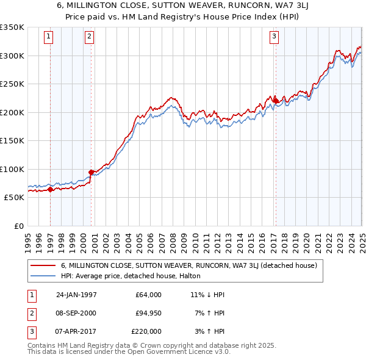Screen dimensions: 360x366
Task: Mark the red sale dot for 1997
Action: pos(51,189)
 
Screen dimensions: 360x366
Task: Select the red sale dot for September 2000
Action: pos(91,172)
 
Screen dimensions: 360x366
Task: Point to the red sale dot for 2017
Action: pos(275,101)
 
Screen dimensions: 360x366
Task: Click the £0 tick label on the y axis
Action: pos(18,226)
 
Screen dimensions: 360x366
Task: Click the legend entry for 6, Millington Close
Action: pos(188,265)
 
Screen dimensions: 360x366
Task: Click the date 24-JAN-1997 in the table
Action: pos(76,295)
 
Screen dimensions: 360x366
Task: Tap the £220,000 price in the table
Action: pos(146,331)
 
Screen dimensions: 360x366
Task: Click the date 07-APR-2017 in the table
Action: pos(76,331)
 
